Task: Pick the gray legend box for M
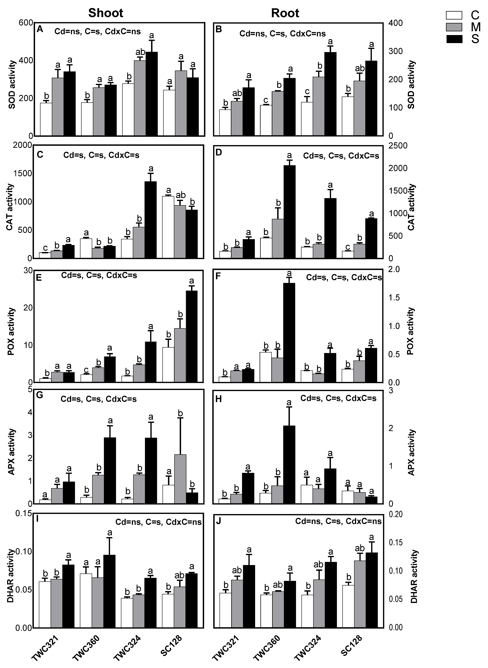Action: click(454, 27)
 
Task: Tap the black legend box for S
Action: click(454, 39)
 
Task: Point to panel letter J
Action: click(219, 521)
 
